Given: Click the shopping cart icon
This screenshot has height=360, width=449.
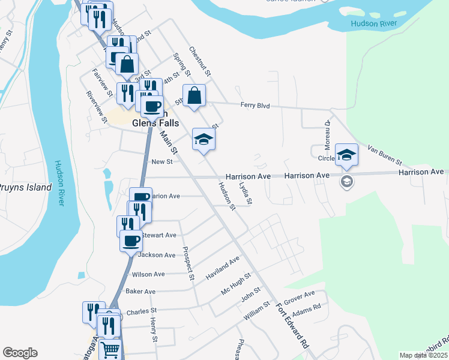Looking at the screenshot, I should coord(110,350).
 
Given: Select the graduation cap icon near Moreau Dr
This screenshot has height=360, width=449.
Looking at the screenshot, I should coord(346,154).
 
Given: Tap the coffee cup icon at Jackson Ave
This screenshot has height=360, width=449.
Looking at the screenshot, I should coord(131,241).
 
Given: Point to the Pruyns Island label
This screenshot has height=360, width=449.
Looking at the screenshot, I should coord(25,187).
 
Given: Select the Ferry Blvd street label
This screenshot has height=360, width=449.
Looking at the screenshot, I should coord(255,106).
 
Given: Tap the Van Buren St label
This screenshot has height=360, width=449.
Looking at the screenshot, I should coord(384,154).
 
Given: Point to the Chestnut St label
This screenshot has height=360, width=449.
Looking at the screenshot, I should coord(200,62).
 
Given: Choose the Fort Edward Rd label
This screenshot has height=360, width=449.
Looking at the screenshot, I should coord(292,326).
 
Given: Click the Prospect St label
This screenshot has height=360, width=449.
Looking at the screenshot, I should coord(188,263).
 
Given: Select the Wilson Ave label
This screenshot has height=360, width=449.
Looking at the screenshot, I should coord(148,274).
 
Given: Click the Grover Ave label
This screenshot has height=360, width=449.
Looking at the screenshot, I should coord(300,298).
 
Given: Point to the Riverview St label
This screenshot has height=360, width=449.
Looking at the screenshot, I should coord(96,107).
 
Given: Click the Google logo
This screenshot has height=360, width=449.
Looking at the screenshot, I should coord(20,353).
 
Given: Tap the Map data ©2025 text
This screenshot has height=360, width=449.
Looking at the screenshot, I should coord(423,355).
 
